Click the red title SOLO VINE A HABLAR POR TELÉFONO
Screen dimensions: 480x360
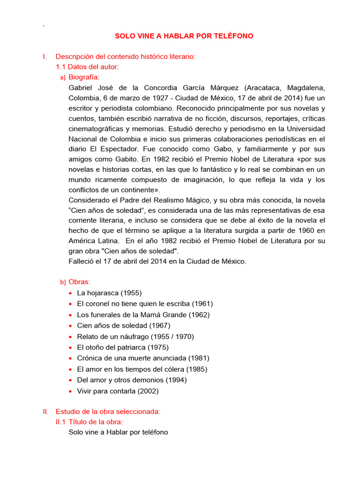point(184,36)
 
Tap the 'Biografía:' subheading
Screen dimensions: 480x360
point(84,77)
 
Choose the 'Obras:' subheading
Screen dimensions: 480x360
point(79,282)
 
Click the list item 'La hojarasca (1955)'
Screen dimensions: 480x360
point(109,293)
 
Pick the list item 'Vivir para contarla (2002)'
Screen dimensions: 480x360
point(118,391)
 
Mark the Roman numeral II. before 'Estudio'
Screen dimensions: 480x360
point(45,412)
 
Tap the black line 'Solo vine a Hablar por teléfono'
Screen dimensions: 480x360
point(118,432)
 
